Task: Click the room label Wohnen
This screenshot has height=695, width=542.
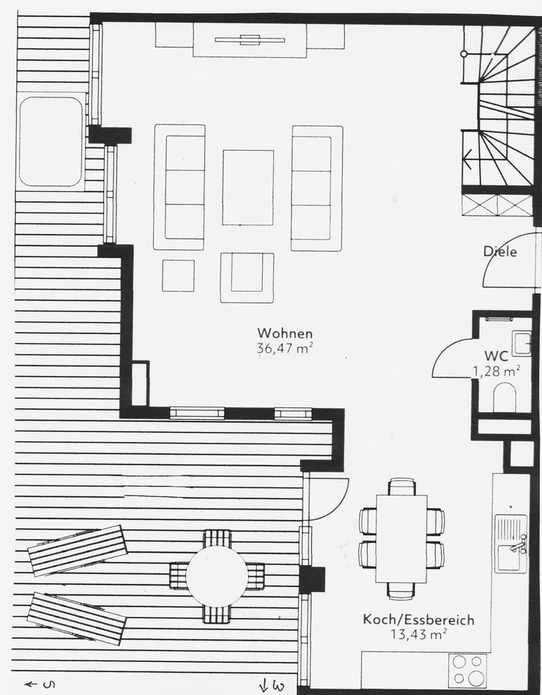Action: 285,333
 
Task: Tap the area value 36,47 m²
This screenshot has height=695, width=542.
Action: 285,349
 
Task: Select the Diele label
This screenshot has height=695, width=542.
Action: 500,252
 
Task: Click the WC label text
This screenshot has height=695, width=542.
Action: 496,355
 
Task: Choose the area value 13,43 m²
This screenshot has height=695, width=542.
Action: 419,634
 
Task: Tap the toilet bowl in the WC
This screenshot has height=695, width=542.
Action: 505,397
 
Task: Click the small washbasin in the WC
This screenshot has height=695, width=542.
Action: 521,343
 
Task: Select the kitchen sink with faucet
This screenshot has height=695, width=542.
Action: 512,544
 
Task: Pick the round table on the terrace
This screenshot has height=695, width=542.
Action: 217,576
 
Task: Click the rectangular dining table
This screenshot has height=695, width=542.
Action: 401,538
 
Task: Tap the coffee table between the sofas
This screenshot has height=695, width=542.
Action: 248,187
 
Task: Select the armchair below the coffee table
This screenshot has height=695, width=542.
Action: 247,277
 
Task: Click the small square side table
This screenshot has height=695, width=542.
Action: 178,275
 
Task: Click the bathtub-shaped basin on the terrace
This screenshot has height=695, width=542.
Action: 51,140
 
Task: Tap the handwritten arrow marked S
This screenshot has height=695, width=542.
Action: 39,684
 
